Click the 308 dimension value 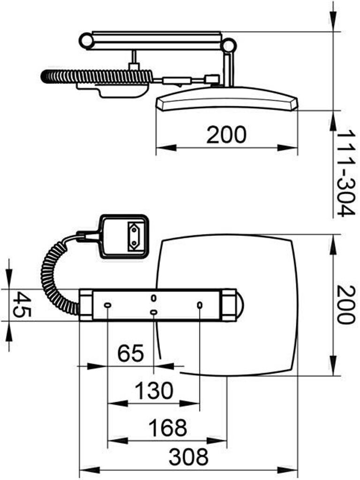[188, 457]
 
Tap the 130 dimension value [154, 390]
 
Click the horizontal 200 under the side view [226, 135]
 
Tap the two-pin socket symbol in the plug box [134, 235]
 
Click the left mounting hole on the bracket [108, 305]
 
